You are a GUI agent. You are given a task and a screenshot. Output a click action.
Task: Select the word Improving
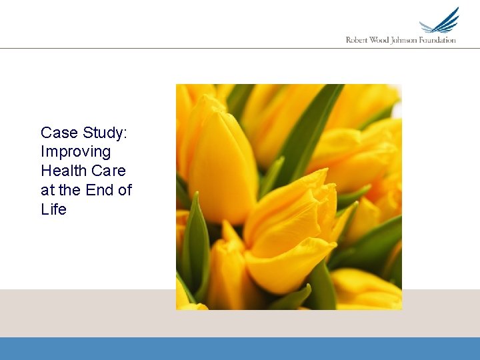[75, 152]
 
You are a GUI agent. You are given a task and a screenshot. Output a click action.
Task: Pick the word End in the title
[100, 190]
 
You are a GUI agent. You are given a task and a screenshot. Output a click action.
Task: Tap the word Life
[53, 209]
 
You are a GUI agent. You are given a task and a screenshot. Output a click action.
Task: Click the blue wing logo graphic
[440, 21]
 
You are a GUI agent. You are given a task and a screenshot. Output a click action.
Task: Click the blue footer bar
[240, 349]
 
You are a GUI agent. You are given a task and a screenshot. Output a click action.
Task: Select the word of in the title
[125, 190]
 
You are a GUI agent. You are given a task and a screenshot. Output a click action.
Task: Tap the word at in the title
[48, 190]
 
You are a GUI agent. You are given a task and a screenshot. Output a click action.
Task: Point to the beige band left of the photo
[87, 313]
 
